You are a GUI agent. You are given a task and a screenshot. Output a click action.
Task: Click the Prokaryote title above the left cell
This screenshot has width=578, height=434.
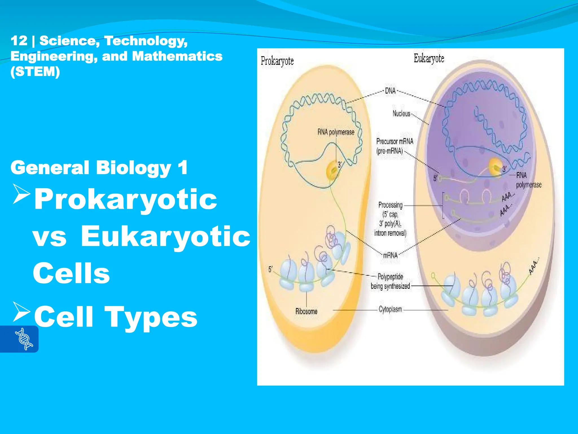point(277,61)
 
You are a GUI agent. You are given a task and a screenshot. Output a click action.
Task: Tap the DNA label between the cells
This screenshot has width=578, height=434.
point(390,91)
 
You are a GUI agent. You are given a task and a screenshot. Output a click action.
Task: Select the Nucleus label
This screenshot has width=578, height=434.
point(401,114)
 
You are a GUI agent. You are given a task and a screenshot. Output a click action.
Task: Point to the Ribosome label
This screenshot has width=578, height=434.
point(306,311)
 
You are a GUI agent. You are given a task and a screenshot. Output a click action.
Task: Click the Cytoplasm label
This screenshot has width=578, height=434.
point(390,309)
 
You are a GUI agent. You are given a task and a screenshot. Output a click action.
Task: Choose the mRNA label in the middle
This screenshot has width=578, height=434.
point(390,255)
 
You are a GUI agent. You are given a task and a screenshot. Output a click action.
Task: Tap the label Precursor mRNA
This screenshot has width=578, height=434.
point(395,141)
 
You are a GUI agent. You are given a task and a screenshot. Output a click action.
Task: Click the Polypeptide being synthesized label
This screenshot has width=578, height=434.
point(390,281)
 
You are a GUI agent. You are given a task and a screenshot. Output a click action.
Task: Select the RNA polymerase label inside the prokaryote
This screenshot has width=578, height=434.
point(336,132)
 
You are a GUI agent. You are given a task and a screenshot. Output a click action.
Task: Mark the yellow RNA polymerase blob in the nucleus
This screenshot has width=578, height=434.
point(495,167)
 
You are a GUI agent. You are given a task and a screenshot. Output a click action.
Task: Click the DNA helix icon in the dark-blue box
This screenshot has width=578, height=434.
point(24,339)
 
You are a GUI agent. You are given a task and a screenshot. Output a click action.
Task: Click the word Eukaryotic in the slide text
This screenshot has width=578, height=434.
point(166,236)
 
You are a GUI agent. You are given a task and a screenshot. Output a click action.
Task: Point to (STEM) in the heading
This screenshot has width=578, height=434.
point(35,71)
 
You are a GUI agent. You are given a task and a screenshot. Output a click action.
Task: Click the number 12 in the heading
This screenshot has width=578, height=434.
point(19,41)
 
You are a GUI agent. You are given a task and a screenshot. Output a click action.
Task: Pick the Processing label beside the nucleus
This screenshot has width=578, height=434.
point(390,205)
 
